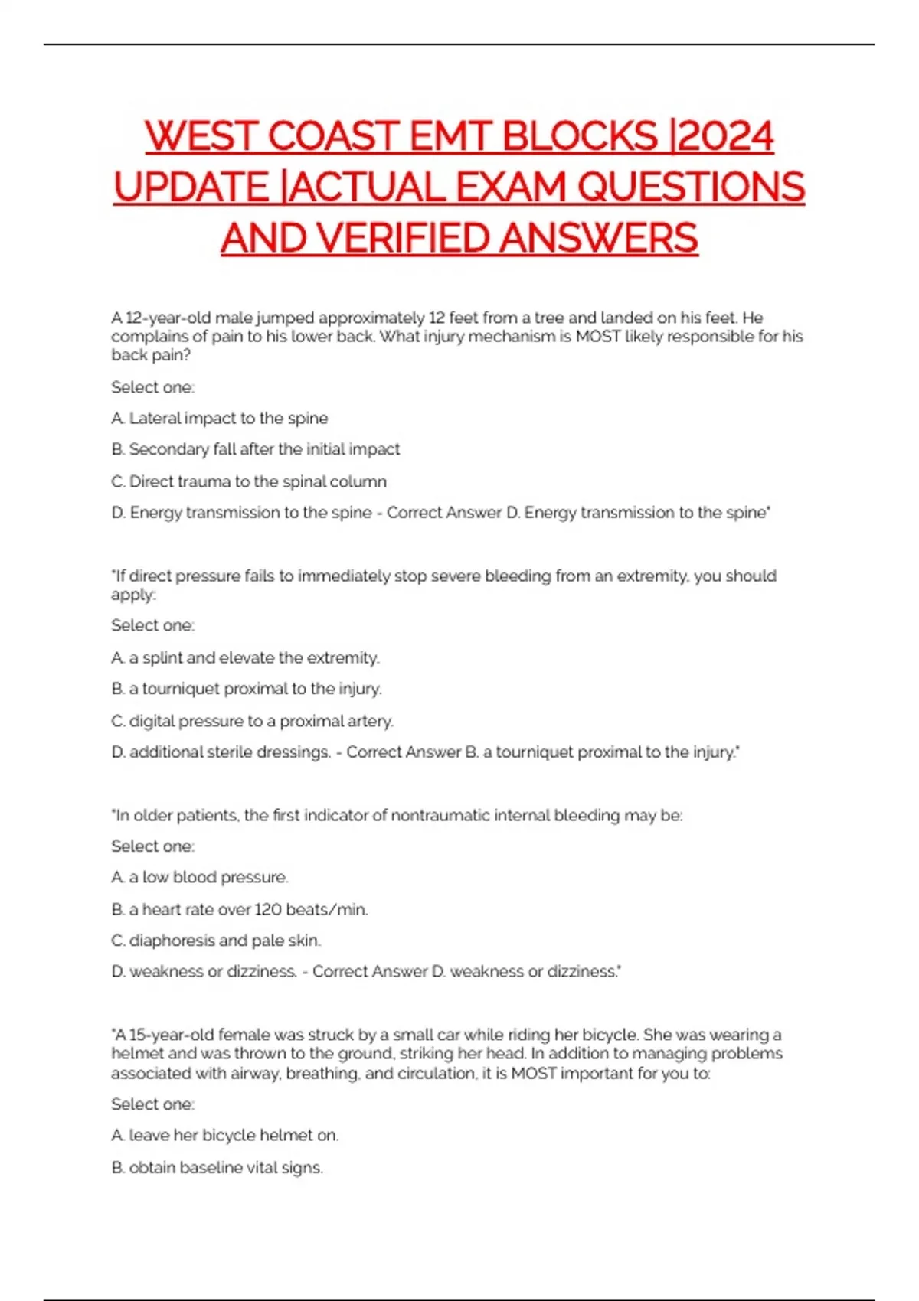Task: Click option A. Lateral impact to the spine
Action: (220, 419)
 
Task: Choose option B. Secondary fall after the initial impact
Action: (256, 449)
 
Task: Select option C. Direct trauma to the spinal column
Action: (249, 481)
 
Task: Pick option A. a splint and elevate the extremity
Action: (245, 657)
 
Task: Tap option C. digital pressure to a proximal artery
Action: (252, 721)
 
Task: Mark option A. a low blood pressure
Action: (200, 877)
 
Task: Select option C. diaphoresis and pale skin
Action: (216, 941)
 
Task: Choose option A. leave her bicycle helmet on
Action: (225, 1136)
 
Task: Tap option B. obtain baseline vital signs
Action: (217, 1168)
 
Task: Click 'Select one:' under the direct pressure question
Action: (153, 625)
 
